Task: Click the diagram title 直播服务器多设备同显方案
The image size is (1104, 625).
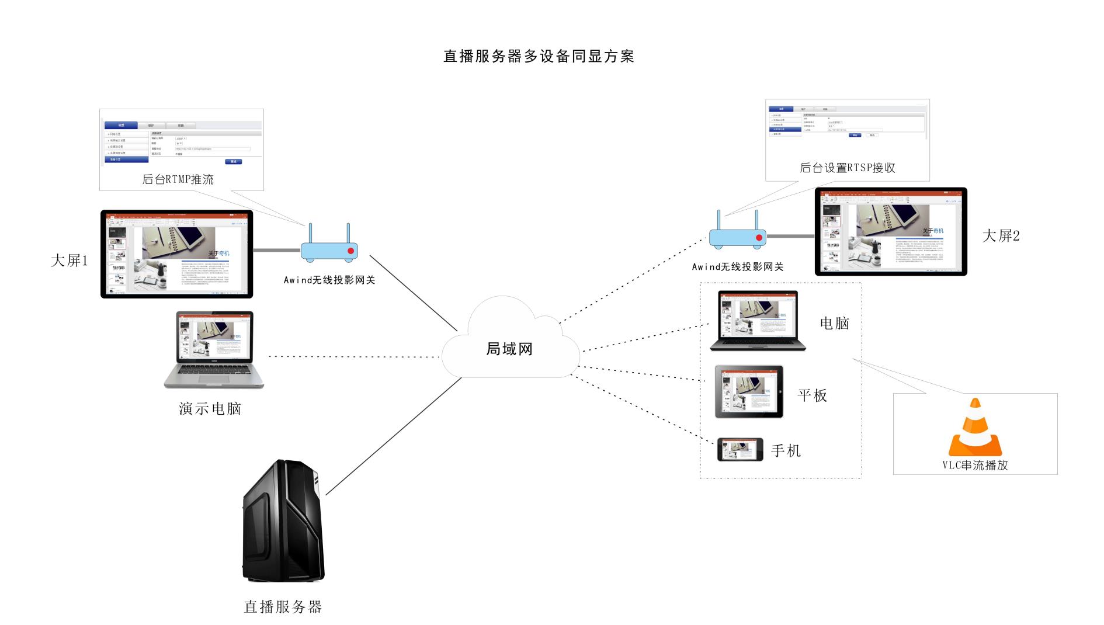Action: (x=539, y=57)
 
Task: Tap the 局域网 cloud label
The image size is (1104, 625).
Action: (x=509, y=349)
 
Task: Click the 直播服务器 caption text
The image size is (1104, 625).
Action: (x=283, y=607)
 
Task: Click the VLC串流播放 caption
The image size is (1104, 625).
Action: (x=975, y=466)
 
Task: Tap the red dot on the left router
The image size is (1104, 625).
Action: (x=350, y=251)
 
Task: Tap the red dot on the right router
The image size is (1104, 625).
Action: (x=759, y=238)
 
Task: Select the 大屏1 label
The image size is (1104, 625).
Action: (x=69, y=261)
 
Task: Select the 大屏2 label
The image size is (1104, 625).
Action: (x=1001, y=236)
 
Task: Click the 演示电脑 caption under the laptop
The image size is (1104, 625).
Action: (x=210, y=408)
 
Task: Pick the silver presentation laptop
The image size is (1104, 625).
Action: (x=214, y=349)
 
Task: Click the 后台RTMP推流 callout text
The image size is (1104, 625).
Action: (x=178, y=179)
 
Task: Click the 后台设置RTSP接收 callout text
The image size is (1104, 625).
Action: (x=847, y=168)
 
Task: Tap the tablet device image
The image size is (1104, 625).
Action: (x=749, y=391)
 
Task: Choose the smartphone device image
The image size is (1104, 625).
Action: (x=740, y=450)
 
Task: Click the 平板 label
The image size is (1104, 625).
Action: (x=812, y=395)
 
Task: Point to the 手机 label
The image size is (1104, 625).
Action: (x=786, y=450)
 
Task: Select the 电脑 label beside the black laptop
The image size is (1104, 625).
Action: (x=834, y=323)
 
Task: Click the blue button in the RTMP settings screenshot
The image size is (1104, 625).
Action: (x=233, y=161)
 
